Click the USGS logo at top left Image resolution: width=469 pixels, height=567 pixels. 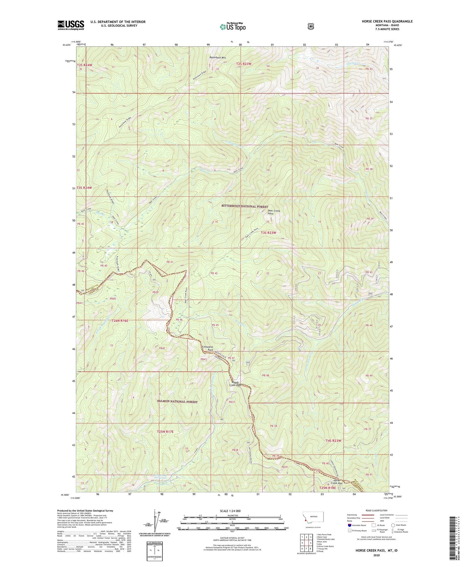click(71, 25)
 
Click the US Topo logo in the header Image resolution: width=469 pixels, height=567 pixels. click(232, 26)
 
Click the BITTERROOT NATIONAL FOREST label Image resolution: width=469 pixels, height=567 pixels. click(245, 207)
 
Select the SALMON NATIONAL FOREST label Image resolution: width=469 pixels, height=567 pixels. click(177, 402)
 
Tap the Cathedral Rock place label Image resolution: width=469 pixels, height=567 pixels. click(208, 348)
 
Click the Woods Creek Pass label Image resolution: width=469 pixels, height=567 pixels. click(235, 384)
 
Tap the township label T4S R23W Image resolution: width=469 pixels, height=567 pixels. click(333, 441)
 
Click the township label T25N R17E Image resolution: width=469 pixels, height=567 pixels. click(165, 432)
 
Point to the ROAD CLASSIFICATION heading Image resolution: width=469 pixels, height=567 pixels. click(376, 510)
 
